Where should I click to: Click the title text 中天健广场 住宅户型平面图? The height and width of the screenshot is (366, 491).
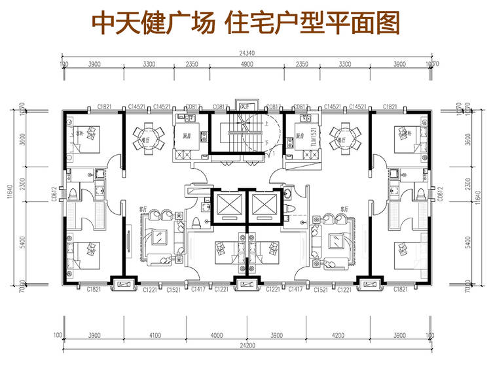(x=245, y=24)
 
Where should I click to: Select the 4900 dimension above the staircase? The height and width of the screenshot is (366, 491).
(x=247, y=64)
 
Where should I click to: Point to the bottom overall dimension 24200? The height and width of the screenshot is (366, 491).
(x=246, y=344)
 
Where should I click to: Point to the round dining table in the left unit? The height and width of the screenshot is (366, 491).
(x=145, y=136)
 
